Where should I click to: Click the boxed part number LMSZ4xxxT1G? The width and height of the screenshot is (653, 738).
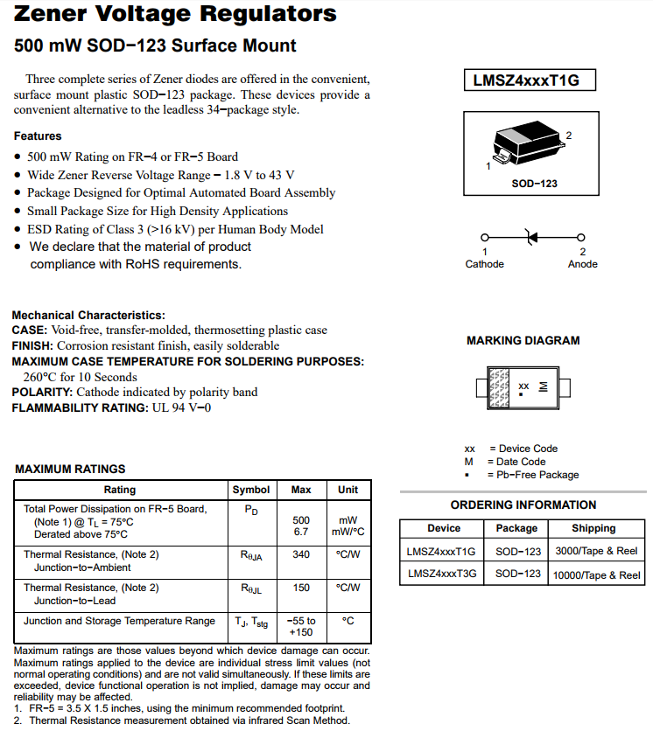point(526,80)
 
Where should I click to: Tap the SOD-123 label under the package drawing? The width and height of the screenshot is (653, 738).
point(534,184)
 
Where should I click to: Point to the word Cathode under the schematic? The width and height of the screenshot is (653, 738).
point(484,264)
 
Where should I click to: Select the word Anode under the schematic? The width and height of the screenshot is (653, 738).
point(582,264)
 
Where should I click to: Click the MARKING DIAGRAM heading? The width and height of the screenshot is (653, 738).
point(523,340)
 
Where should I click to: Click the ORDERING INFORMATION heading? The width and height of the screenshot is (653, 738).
point(523,505)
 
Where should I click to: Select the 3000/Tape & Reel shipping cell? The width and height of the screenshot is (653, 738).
point(596,552)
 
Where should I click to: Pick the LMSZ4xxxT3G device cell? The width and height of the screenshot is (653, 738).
point(442,574)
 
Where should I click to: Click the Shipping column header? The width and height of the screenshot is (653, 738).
point(593,528)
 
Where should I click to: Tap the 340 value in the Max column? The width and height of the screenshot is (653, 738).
point(301,554)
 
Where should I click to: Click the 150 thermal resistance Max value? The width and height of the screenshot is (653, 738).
point(301,588)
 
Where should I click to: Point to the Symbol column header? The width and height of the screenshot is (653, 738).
point(250,490)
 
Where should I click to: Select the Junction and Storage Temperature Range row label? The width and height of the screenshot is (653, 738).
point(119,621)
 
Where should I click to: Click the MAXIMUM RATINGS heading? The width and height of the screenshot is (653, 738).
point(70,469)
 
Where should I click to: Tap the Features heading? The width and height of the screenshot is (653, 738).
point(38,136)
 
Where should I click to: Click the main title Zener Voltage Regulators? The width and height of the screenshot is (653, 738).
point(175,14)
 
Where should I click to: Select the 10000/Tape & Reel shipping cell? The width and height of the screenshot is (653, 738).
point(596,574)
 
